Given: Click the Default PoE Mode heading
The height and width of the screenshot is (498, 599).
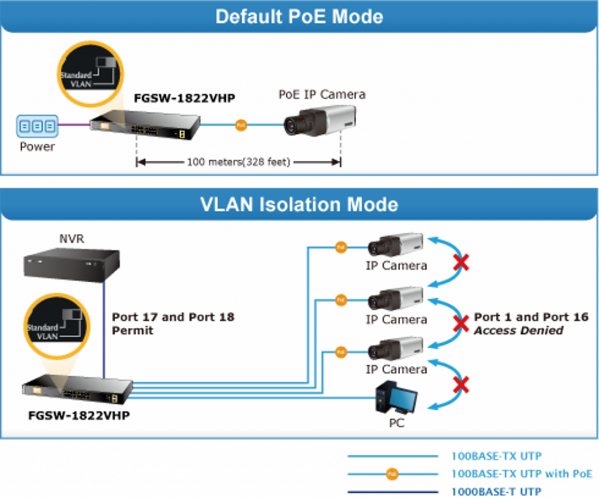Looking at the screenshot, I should coord(299,16).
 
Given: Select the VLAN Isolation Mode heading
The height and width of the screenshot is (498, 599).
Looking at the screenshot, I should coord(299,204).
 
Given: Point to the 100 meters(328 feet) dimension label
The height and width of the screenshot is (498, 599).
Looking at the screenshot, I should coord(238,162).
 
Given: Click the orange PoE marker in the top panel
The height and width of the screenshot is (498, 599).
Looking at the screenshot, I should coord(240,124).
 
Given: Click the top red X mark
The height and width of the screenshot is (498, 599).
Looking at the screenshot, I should coord(461,262).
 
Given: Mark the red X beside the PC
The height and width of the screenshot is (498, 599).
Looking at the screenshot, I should coord(461,385).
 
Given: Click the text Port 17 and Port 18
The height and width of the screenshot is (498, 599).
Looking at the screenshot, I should coord(173,317).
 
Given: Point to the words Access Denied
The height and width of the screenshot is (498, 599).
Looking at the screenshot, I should coord(518,331).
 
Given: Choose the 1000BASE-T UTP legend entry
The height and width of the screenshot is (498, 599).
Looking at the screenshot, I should coord(497,491).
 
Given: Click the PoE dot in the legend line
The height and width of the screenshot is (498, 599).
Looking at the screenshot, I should coord(393,474).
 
